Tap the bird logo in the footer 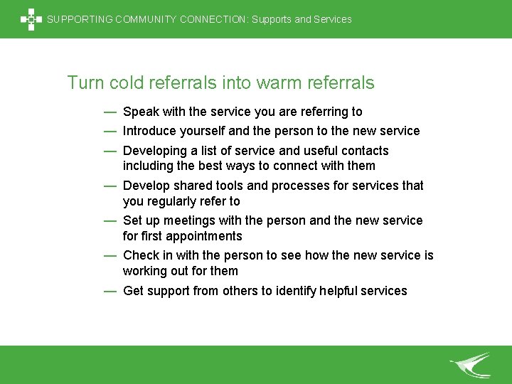[471, 365]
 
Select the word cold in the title [127, 83]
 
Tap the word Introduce [150, 131]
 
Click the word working [145, 271]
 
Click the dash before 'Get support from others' [110, 290]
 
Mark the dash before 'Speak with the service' [110, 112]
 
